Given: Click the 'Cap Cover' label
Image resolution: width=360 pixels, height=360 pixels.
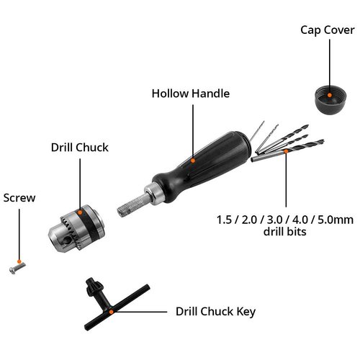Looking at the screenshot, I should tap(328, 30).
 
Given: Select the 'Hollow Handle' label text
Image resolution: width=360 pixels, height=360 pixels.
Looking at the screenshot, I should tap(190, 92).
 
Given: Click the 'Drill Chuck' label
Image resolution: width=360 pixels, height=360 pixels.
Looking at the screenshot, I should tap(79, 147).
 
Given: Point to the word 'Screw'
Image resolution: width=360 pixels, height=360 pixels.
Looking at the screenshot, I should tap(19, 197).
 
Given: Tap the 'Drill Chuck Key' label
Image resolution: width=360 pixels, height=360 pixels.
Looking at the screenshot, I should tap(215, 312).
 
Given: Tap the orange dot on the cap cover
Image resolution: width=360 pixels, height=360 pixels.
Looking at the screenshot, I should tap(330, 93).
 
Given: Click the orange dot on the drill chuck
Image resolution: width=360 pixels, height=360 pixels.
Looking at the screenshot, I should tap(81, 212).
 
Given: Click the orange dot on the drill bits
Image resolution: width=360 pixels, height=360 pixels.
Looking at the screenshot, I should tap(286, 153).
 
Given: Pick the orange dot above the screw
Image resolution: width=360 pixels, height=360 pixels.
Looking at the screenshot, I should tap(20, 261).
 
